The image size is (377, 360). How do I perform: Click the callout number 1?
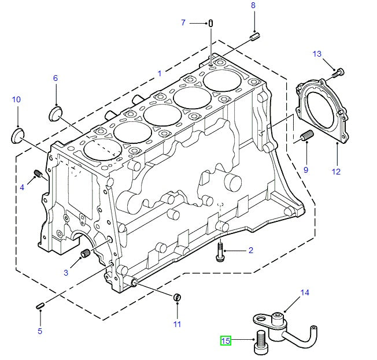(x=160, y=73)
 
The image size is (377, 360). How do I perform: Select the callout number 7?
(x=184, y=23)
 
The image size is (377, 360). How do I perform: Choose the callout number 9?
(x=56, y=78)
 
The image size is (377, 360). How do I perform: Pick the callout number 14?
(x=305, y=293)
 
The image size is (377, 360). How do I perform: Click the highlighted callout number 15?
(x=226, y=341)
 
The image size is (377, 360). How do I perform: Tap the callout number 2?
(x=251, y=250)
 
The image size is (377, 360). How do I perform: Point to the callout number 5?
(x=40, y=331)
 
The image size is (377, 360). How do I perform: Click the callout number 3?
(x=66, y=272)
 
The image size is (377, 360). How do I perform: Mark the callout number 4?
(x=23, y=187)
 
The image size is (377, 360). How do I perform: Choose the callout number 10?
(x=16, y=100)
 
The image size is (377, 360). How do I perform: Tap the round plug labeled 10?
(x=19, y=136)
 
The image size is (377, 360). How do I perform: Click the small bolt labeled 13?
(x=338, y=72)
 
